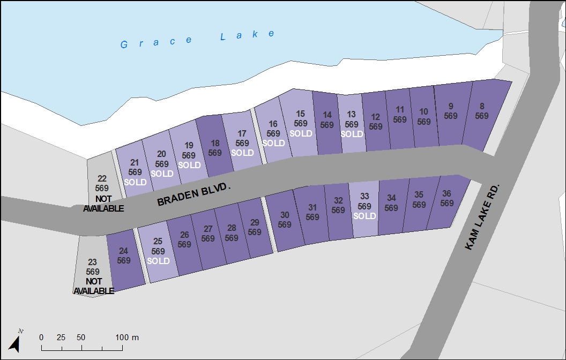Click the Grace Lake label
tap(198, 39)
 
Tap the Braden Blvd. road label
tap(194, 194)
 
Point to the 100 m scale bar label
tap(128, 337)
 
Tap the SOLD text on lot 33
tap(364, 216)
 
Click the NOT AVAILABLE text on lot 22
tap(103, 204)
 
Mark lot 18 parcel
tap(215, 148)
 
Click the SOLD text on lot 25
tap(158, 261)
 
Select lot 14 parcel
tap(327, 120)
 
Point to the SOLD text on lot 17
tap(242, 153)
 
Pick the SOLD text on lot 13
tap(352, 134)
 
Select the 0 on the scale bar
tap(41, 337)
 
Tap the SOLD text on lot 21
tap(135, 182)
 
